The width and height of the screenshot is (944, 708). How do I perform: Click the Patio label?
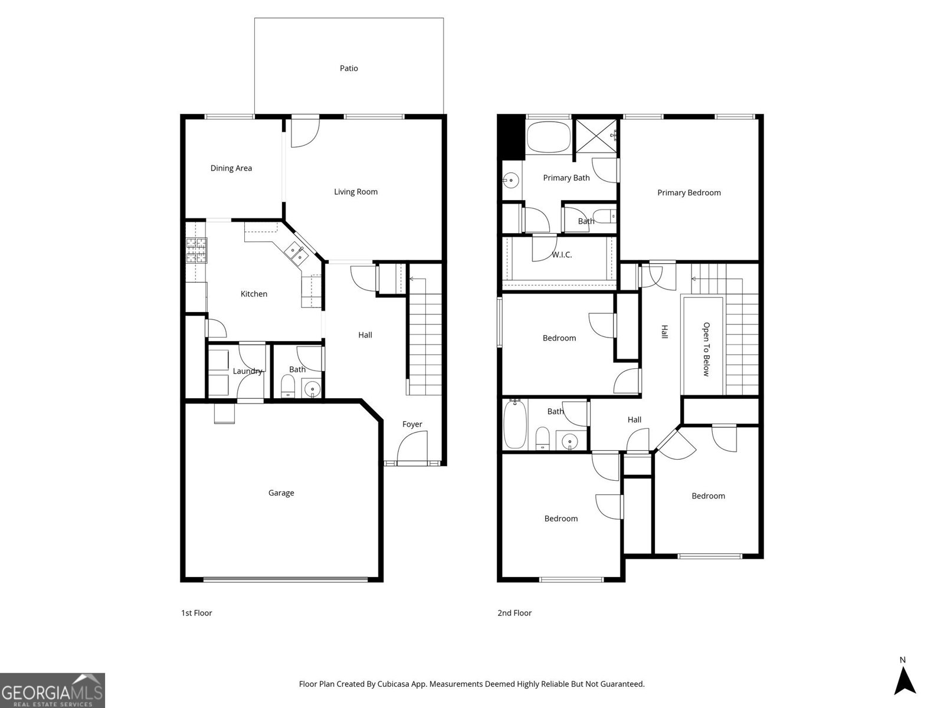[349, 68]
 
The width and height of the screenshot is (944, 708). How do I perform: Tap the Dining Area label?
[231, 168]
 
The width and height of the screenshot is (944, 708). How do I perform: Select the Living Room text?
[355, 192]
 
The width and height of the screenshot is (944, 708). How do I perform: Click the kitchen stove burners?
[196, 250]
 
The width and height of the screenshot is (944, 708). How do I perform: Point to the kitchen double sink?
[296, 253]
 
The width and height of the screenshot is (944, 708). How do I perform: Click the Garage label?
[281, 493]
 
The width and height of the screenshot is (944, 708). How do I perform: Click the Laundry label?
[247, 371]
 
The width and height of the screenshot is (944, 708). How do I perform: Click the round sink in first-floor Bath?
[311, 389]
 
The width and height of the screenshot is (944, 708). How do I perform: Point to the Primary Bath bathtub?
[548, 137]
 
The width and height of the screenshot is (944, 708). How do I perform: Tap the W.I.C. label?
[562, 255]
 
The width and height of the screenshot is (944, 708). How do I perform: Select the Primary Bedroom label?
[689, 193]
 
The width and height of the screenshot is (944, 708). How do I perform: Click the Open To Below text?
[706, 349]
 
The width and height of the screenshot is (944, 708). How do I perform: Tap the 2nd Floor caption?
[514, 613]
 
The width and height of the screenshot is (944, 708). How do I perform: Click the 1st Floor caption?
[196, 613]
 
